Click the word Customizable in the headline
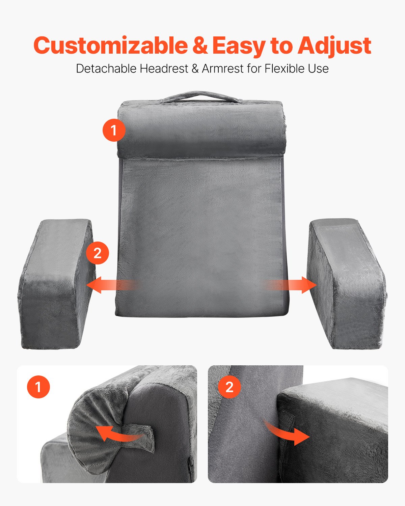pos(110,46)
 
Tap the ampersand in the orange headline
pos(200,46)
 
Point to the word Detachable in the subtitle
pos(107,68)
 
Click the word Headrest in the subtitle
pos(164,68)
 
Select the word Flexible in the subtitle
pos(280,68)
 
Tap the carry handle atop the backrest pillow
pos(201,96)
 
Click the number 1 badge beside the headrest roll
pos(114,130)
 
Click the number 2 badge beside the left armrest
pos(98,253)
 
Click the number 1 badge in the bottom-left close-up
pos(38,387)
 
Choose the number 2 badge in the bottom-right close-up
pos(230,387)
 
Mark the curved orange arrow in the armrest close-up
pos(287,433)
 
